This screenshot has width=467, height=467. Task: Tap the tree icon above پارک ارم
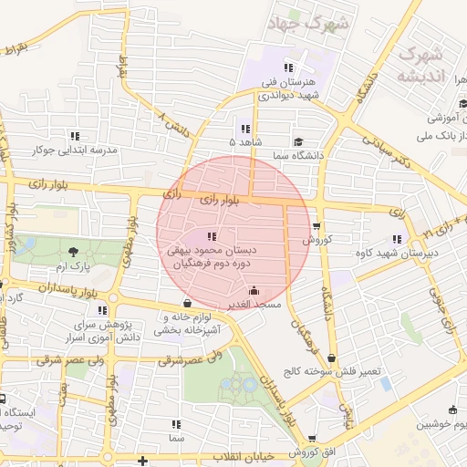point(72,251)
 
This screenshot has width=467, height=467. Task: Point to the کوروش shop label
point(317,240)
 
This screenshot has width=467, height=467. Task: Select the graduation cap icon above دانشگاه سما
point(298,141)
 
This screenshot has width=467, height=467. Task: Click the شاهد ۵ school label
point(244,143)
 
